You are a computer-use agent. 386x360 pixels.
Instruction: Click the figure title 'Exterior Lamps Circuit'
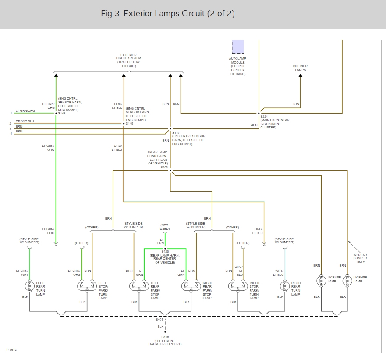pos(168,14)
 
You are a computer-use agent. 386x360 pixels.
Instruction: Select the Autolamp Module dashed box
pos(237,46)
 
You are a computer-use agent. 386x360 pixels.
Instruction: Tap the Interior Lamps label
pos(300,68)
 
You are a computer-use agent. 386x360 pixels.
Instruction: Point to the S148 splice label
pos(62,113)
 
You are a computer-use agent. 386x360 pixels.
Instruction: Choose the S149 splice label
pos(129,124)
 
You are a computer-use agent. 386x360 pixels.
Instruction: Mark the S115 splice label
pos(176,132)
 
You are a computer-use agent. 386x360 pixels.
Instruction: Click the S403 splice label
pos(164,167)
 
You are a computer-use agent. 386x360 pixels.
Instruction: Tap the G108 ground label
pos(165,337)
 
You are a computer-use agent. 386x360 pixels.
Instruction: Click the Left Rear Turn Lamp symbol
pos(30,286)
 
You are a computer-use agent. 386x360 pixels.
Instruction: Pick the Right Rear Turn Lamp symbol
pos(285,286)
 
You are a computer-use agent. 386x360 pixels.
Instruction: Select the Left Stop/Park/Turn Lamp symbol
pos(86,286)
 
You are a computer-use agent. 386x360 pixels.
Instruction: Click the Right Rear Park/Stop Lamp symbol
pos(190,286)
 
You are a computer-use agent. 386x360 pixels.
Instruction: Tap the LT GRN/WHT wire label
pos(21,273)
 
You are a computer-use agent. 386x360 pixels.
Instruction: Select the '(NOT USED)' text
pos(164,227)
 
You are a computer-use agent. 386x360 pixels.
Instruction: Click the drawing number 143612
pos(12,350)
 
